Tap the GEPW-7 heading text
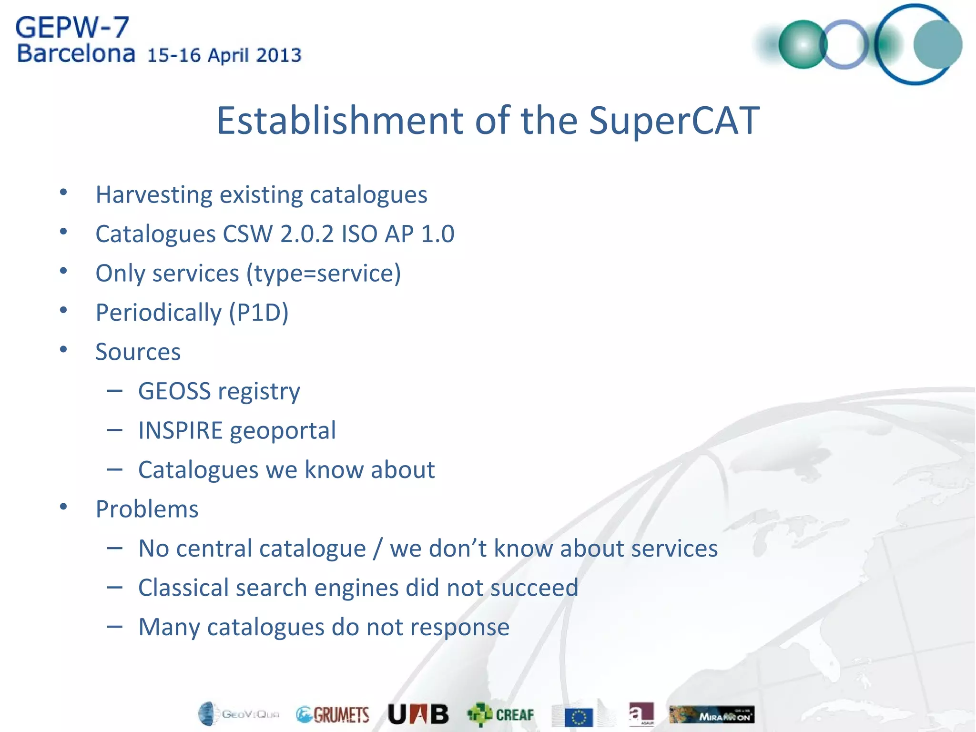click(72, 28)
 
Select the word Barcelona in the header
click(76, 54)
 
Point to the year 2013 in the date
click(278, 55)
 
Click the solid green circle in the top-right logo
click(803, 44)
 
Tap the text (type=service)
click(324, 274)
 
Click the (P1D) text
click(258, 313)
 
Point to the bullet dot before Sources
click(63, 350)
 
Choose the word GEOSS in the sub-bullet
click(174, 391)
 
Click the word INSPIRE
click(180, 430)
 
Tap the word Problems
click(147, 509)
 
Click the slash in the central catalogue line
click(377, 549)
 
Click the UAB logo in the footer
click(418, 714)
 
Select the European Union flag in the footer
click(579, 717)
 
